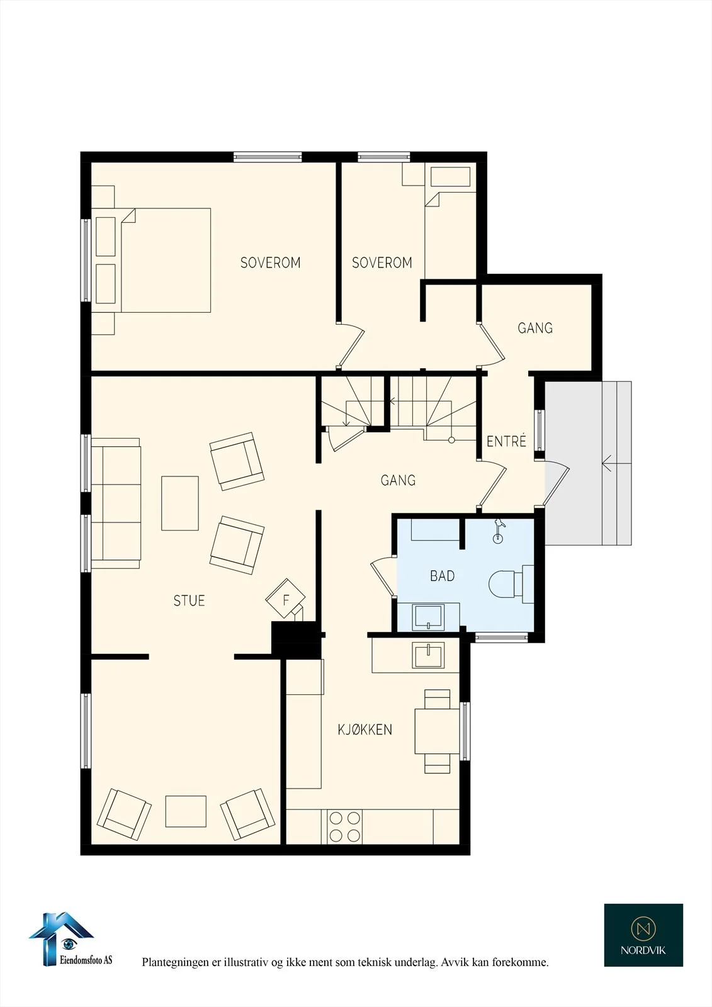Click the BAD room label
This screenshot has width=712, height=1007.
coord(442,576)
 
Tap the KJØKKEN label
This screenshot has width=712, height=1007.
coord(364,729)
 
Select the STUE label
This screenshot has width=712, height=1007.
coord(189,600)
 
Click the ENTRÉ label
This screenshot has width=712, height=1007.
coord(506,441)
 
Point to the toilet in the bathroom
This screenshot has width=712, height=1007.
coord(511,584)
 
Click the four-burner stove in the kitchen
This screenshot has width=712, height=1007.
coord(345,826)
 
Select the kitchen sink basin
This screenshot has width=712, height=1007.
coord(427,656)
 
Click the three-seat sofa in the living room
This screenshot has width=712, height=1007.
coord(116,503)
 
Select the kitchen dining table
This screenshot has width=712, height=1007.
coord(437,731)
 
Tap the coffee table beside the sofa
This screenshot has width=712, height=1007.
coord(180,503)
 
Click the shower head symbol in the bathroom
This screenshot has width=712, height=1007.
coord(498,531)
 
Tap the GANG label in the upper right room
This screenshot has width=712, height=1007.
coord(535,328)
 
